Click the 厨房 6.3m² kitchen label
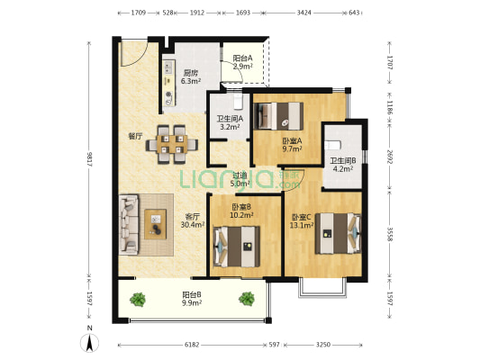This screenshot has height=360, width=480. click(x=191, y=77)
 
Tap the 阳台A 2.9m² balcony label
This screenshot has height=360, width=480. click(x=242, y=62)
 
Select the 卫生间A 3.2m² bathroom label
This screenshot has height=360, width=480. click(x=230, y=122)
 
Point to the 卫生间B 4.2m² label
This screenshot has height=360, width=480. click(x=343, y=165)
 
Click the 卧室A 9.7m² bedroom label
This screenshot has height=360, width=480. click(x=292, y=145)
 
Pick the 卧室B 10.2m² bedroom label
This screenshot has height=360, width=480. click(x=241, y=211)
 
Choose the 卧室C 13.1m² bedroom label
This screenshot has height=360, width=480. click(x=302, y=221)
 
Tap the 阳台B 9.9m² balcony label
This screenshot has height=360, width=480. click(x=192, y=299)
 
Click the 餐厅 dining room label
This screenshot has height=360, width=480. click(x=135, y=136)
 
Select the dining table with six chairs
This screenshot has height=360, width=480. click(x=172, y=144)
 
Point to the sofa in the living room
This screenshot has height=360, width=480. click(x=129, y=225)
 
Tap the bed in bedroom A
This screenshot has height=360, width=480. click(x=278, y=116)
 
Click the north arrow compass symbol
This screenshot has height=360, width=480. click(x=89, y=342)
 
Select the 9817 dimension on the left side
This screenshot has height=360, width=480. click(x=90, y=158)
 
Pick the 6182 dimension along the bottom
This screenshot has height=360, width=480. click(x=192, y=345)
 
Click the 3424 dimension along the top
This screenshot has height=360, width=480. click(x=304, y=13)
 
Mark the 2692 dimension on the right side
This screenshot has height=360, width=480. click(x=390, y=157)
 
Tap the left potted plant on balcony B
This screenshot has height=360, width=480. click(x=138, y=300)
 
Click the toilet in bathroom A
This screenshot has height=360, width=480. click(x=238, y=102)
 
